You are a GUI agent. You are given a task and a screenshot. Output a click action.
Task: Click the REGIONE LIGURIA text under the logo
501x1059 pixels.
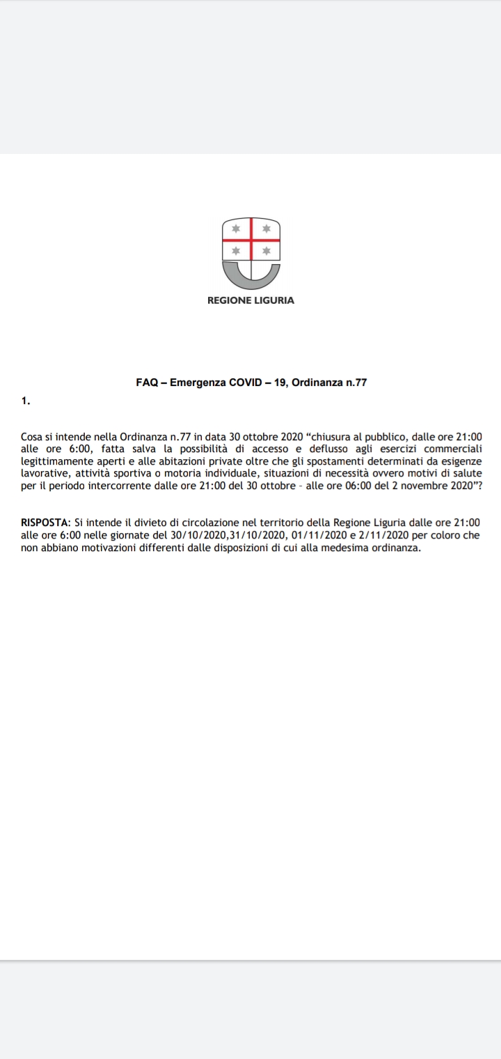[250, 300]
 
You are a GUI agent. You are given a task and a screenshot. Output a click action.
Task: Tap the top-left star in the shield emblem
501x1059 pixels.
[236, 229]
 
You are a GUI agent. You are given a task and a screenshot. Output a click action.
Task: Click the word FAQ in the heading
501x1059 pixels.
[146, 382]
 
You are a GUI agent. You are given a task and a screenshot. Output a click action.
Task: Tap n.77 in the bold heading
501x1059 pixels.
[353, 382]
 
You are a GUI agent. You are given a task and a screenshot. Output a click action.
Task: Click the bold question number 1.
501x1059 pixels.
[25, 401]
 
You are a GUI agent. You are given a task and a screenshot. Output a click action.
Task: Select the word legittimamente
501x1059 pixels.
[58, 461]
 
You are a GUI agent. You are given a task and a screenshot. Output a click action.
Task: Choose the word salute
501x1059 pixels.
[466, 473]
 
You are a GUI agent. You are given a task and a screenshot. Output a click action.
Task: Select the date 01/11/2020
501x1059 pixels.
[313, 535]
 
